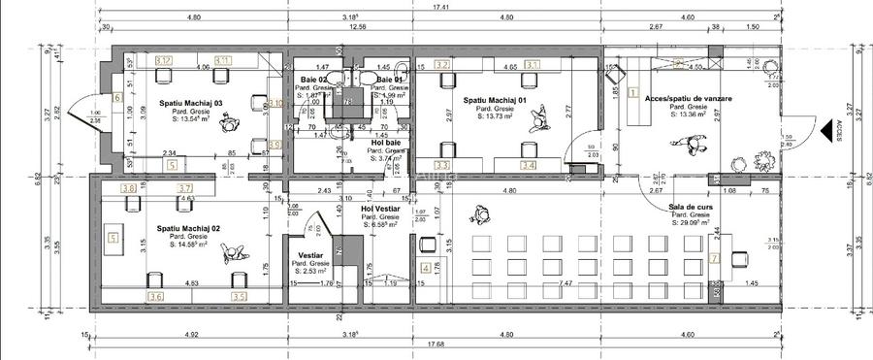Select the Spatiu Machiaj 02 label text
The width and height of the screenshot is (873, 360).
[x=189, y=228]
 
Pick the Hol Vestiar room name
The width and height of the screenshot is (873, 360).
[x=381, y=208]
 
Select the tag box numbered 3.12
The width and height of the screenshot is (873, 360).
[x=164, y=60]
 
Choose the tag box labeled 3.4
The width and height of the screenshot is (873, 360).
[x=528, y=165]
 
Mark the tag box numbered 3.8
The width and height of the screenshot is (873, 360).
[x=127, y=189]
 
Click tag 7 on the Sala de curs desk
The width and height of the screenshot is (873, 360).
[x=713, y=258]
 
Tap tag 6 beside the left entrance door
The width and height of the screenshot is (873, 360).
[x=116, y=98]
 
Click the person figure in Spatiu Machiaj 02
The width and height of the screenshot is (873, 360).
[x=234, y=255]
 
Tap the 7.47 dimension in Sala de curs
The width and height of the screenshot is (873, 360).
[x=566, y=283]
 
